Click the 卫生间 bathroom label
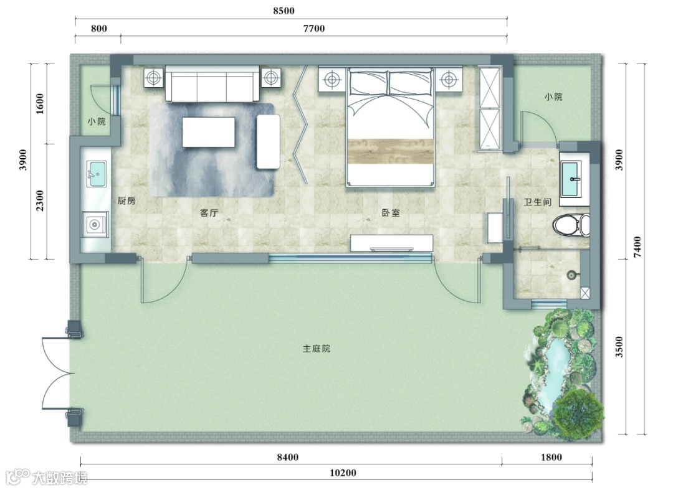click(537, 202)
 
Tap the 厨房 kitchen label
click(126, 200)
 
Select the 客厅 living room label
click(209, 213)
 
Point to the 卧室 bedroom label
click(391, 213)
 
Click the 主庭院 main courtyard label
click(317, 349)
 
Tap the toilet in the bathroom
click(571, 225)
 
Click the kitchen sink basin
click(97, 174)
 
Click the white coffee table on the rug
click(209, 132)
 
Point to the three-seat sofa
click(212, 84)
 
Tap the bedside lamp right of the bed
click(448, 79)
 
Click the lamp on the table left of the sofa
click(153, 78)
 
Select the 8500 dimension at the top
click(284, 11)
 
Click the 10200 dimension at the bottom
click(343, 473)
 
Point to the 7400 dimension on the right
click(637, 247)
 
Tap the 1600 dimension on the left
click(39, 104)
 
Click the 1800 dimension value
click(551, 457)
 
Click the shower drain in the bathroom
click(571, 275)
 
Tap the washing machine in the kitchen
click(95, 224)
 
